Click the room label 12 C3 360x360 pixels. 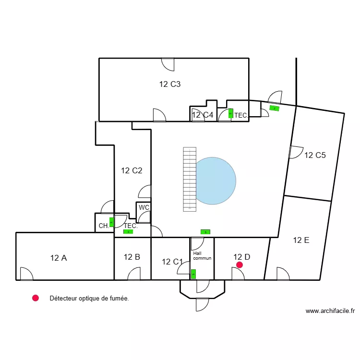click(x=170, y=84)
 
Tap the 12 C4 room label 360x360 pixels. click(x=202, y=115)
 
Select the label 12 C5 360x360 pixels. click(x=315, y=155)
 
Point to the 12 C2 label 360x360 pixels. click(x=132, y=170)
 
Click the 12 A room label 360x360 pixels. click(x=59, y=258)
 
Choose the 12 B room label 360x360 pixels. click(x=132, y=257)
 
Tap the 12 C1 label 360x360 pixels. click(x=172, y=262)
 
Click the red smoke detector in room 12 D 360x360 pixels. click(x=240, y=264)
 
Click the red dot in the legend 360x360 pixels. click(x=35, y=298)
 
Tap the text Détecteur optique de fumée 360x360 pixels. click(x=89, y=299)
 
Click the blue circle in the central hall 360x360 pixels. click(x=215, y=180)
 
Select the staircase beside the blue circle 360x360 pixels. click(x=190, y=179)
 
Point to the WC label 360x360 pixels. click(x=144, y=207)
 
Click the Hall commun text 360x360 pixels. click(x=202, y=255)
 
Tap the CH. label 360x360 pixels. click(x=103, y=226)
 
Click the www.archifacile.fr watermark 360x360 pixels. click(x=330, y=311)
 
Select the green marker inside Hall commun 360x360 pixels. click(x=193, y=274)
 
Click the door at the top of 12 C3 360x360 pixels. click(x=168, y=64)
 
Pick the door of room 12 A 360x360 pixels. click(x=26, y=274)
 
